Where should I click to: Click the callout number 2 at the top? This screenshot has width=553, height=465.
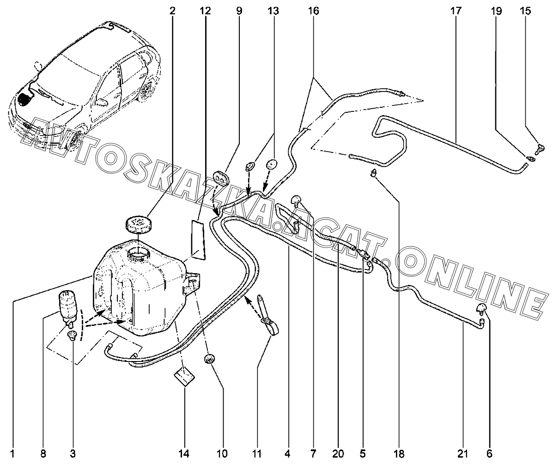coord(172,11)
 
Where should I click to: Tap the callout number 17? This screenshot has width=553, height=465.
coord(456,11)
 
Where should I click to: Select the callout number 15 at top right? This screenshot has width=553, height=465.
coord(525,11)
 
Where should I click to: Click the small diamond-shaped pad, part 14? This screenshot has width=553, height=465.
coord(184,377)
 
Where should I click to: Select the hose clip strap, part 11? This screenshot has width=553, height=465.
coord(269,315)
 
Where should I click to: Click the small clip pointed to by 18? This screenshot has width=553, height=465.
coord(373,173)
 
